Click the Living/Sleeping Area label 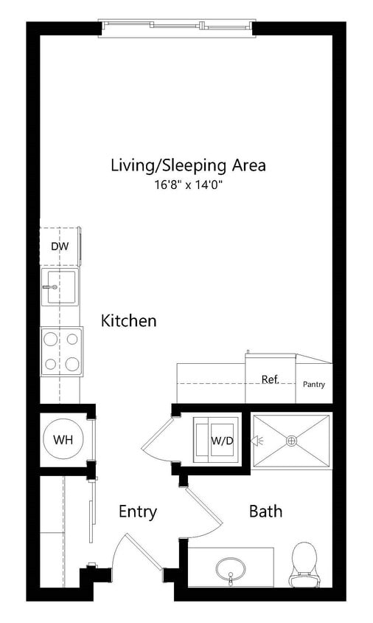[188, 165]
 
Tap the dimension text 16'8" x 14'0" [188, 185]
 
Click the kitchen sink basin [60, 287]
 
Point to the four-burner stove [61, 351]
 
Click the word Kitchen [128, 321]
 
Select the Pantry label [313, 385]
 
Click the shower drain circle [291, 441]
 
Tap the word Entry [138, 512]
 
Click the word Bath [265, 511]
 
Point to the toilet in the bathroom [304, 565]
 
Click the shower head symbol [259, 441]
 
